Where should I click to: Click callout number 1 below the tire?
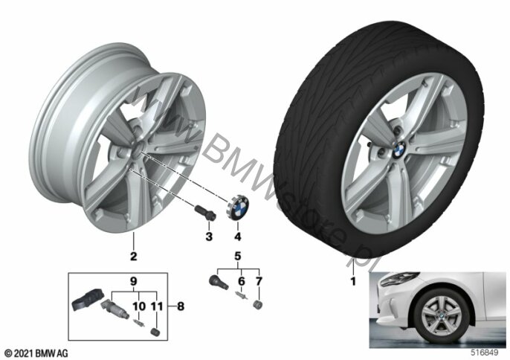click(353, 280)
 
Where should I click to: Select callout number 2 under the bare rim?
click(133, 256)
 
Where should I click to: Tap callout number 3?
click(209, 237)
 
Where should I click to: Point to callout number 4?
click(238, 237)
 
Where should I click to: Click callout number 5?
click(238, 256)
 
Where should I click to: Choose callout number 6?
click(242, 281)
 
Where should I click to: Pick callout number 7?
click(259, 281)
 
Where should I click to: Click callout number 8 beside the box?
click(181, 306)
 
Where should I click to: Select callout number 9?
click(134, 281)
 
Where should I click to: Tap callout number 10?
click(139, 306)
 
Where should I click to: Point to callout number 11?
click(157, 306)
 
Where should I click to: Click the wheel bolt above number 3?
click(205, 212)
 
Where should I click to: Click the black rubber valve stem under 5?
click(218, 281)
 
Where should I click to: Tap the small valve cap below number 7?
click(257, 305)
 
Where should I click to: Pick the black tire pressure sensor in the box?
click(87, 300)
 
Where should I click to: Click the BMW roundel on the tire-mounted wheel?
click(399, 150)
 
